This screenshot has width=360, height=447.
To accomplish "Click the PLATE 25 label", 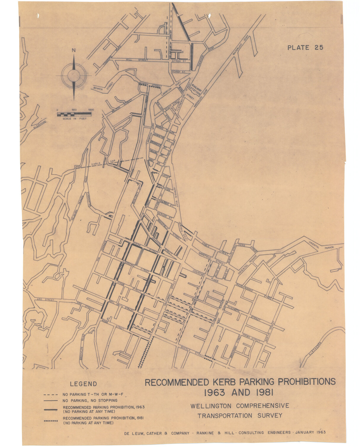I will pyautogui.click(x=305, y=47).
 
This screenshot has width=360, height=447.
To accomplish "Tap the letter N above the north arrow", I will pyautogui.click(x=73, y=50).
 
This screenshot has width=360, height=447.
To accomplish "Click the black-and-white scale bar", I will pyautogui.click(x=74, y=114).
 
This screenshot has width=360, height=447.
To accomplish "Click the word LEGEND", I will pyautogui.click(x=83, y=384).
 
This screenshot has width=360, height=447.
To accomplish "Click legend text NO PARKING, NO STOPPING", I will pyautogui.click(x=90, y=400).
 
